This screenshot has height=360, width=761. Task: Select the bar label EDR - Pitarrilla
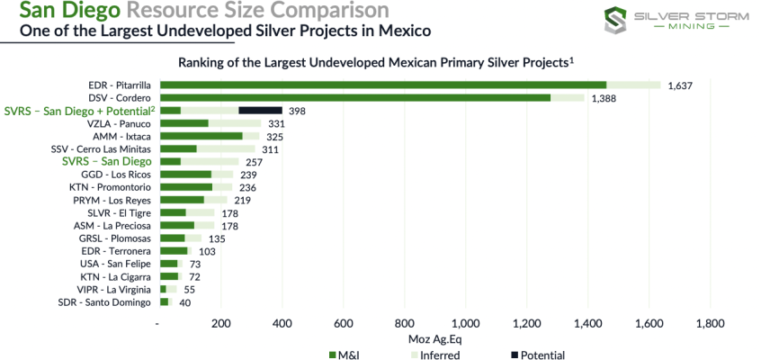(119, 85)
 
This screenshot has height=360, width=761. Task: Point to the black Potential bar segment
(260, 111)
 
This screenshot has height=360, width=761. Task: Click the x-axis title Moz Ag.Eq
(435, 339)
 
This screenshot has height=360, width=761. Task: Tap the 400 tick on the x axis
(282, 324)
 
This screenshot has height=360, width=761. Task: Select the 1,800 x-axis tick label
(710, 324)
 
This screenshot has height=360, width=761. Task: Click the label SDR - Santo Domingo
(106, 302)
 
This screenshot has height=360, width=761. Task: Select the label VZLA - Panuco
(114, 123)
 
